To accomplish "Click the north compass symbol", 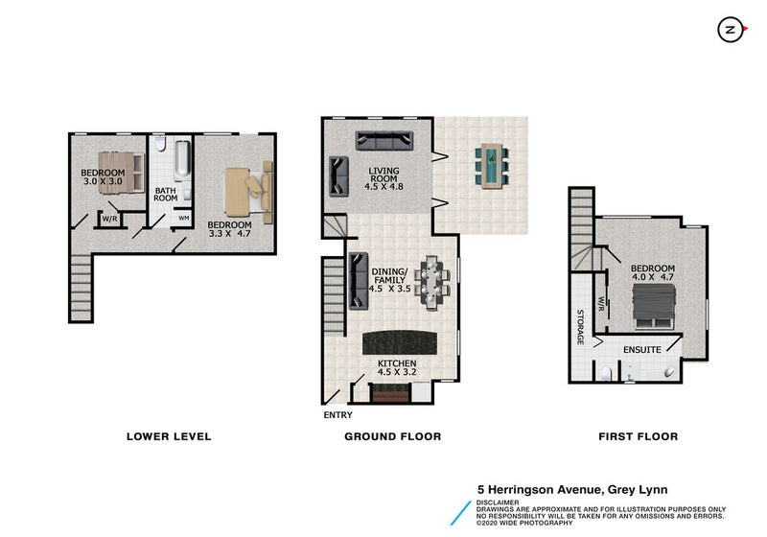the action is point(731,30).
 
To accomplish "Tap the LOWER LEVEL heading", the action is point(169,436).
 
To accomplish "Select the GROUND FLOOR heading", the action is point(393,436).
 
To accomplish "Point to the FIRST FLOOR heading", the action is point(639,436).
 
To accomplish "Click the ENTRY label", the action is point(338,414).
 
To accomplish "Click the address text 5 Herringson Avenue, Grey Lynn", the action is point(572,490).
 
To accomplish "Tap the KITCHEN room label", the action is point(397,363).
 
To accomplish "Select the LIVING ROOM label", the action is point(384,175).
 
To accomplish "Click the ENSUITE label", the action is point(641,350).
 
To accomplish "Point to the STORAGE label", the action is point(580,327).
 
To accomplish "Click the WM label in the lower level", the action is point(184,218).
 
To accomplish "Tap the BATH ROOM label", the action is point(165,194).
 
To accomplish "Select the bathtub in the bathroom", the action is point(182,159).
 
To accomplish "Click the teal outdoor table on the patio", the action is point(492,166).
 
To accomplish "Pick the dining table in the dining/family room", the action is point(431,282).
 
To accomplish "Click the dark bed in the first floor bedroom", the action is point(654,307).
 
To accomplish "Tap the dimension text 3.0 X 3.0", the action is point(103,181).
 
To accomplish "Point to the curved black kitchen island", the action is point(400,342).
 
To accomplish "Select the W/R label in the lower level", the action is point(109,219).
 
